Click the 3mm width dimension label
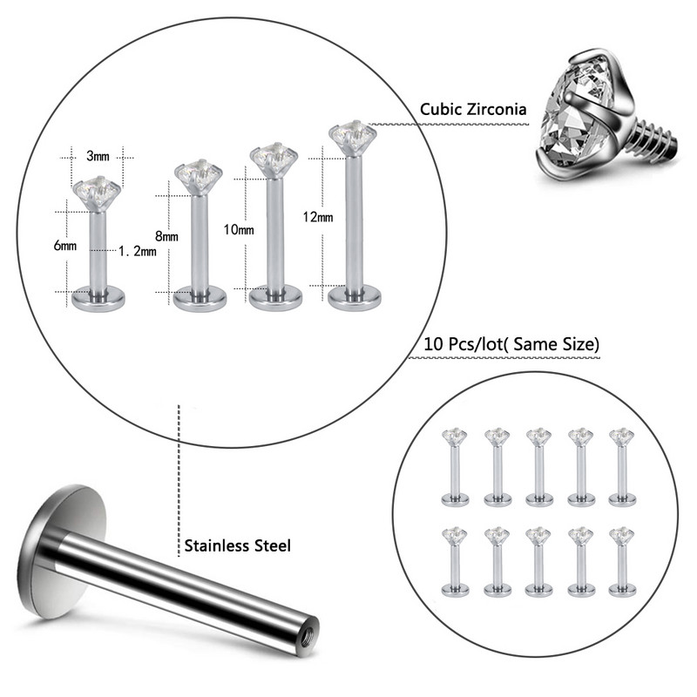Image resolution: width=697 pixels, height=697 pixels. tap(98, 156)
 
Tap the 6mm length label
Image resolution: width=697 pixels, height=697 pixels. tap(64, 246)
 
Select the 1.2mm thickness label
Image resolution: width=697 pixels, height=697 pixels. tap(138, 251)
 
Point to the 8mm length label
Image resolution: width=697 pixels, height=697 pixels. tap(166, 236)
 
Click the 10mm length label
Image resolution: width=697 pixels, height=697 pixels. tap(239, 229)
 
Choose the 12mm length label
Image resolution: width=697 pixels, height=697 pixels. tap(318, 217)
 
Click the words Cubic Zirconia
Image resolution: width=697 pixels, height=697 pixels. tap(473, 109)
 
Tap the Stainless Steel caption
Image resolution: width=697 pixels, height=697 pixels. tap(237, 545)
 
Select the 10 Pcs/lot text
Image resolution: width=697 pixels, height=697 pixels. tap(463, 344)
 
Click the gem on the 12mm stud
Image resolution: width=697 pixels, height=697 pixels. tap(351, 133)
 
